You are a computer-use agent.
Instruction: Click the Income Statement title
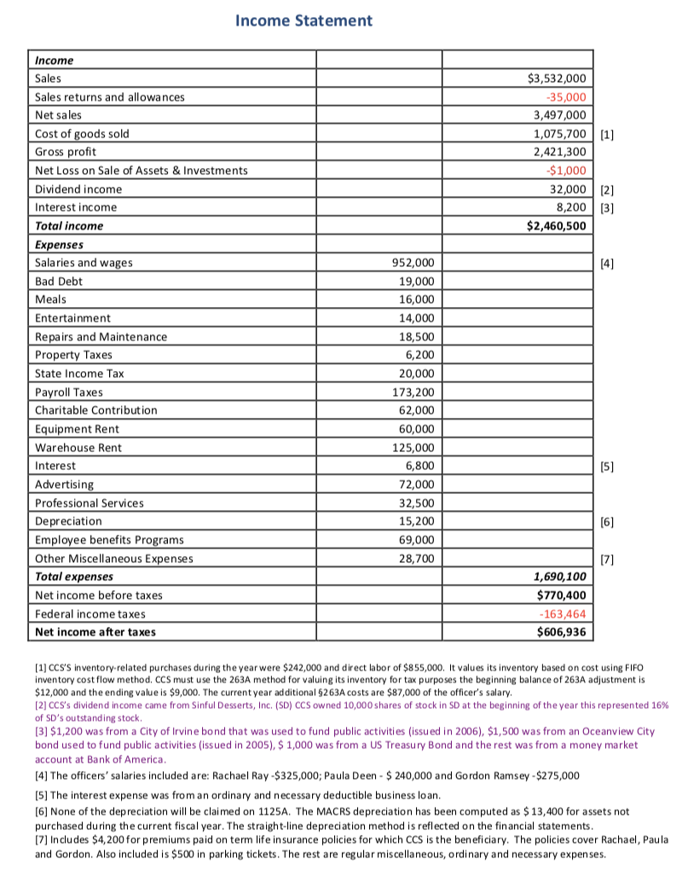point(303,20)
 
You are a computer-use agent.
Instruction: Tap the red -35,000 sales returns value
point(564,96)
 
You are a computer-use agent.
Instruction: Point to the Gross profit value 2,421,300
point(558,152)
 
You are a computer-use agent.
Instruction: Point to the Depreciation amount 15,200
point(415,521)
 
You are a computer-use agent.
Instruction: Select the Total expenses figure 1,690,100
point(556,577)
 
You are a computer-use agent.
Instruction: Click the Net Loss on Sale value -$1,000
point(564,171)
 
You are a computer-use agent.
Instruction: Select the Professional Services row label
point(89,503)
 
